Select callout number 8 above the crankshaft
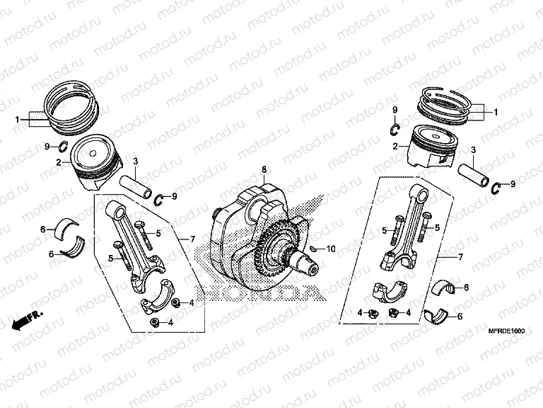click(x=263, y=169)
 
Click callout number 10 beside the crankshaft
click(x=332, y=249)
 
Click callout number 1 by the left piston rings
click(x=17, y=120)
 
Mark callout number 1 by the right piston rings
click(x=496, y=112)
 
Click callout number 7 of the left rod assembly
click(x=191, y=240)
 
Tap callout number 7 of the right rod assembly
click(x=461, y=258)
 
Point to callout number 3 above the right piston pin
click(x=473, y=149)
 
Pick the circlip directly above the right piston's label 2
click(x=397, y=127)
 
